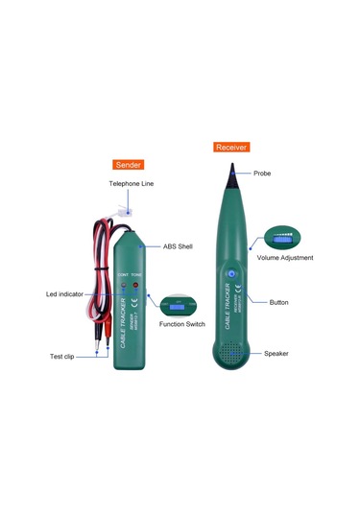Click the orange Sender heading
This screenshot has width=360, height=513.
point(128,165)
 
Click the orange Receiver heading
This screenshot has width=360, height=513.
point(231,148)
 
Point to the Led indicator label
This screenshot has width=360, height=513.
point(65,293)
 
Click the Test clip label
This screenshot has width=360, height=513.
point(62,357)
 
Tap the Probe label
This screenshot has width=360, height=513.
point(263,175)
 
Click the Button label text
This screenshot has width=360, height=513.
point(278,301)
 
